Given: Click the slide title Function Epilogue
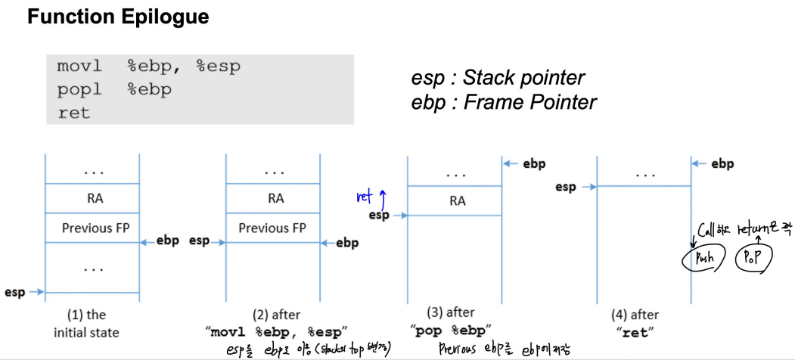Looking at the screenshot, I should (118, 17).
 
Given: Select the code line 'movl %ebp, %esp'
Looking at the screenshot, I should (148, 67).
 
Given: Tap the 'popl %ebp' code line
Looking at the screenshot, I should (114, 89).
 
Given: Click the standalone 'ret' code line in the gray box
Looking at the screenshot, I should (73, 113).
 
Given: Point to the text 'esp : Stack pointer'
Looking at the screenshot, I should (498, 78).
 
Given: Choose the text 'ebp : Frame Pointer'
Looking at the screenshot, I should (504, 101).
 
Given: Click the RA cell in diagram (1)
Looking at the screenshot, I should (92, 199).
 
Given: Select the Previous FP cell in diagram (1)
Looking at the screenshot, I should (92, 228).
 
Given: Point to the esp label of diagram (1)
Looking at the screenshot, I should (14, 292).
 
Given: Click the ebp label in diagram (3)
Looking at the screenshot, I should (534, 163).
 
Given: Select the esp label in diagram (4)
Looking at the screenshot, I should (566, 186).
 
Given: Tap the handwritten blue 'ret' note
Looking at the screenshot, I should (365, 197).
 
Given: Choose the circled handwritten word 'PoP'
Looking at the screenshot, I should (753, 258).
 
